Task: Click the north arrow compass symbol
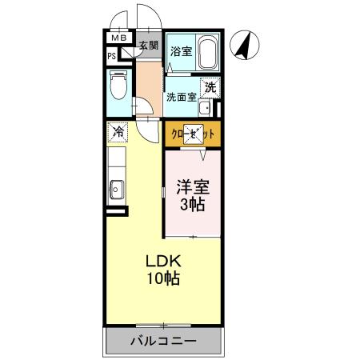click(246, 45)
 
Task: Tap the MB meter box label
click(118, 38)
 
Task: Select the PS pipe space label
click(112, 56)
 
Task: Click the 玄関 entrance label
click(149, 46)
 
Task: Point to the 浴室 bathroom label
click(181, 52)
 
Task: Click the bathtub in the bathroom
click(207, 54)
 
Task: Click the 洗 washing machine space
click(210, 87)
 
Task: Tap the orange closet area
click(193, 134)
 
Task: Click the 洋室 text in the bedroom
click(193, 187)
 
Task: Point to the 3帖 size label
click(193, 205)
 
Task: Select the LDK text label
click(163, 262)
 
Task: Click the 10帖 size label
click(163, 279)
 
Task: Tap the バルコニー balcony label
click(163, 342)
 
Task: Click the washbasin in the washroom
click(205, 108)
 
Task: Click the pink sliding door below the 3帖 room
click(193, 237)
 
